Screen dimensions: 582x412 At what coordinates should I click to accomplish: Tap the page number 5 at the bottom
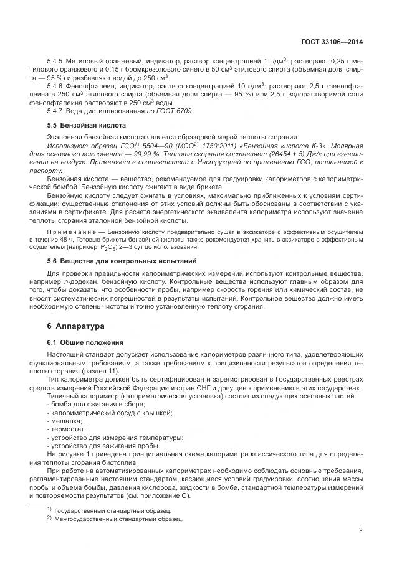(x=361, y=530)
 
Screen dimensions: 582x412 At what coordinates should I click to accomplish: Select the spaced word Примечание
(x=69, y=232)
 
